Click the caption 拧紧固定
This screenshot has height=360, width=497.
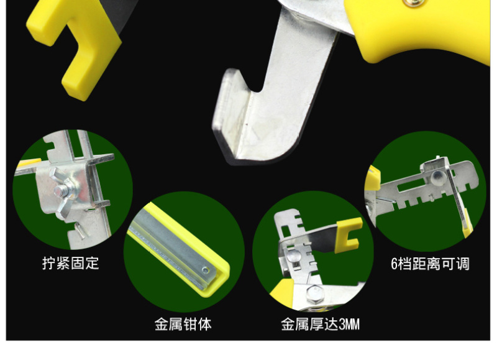[x=71, y=263]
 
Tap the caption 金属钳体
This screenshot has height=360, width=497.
[x=183, y=324]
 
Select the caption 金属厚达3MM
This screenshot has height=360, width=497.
[x=320, y=324]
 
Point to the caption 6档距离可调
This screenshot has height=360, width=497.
[x=430, y=264]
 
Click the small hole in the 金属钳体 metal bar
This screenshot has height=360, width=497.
[x=206, y=270]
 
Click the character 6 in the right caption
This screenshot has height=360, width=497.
[x=394, y=264]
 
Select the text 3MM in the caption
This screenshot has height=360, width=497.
[x=349, y=325]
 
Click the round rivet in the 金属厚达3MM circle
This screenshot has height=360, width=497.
[x=293, y=256]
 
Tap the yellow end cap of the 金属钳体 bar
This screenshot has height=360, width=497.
[x=216, y=279]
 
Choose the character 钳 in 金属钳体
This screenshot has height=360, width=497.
[x=190, y=324]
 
